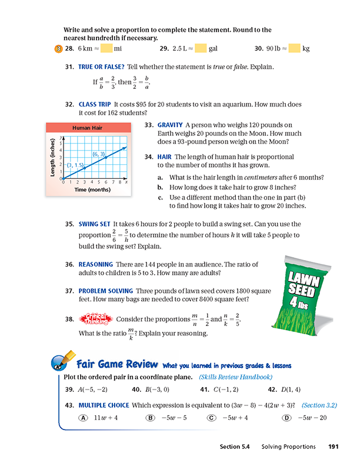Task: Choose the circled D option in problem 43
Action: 286,418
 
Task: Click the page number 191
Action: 333,447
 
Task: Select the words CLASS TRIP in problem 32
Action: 95,104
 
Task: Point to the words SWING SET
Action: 94,224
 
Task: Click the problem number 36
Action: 69,265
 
